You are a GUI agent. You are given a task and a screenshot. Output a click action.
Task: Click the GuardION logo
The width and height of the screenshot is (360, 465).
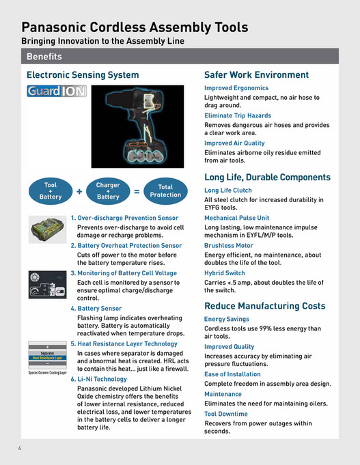pos(55,91)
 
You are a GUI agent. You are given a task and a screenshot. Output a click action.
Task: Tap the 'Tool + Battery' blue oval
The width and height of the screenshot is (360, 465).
pos(51,191)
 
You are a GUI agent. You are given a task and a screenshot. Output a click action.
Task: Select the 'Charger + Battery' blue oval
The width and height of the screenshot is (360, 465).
pos(108,191)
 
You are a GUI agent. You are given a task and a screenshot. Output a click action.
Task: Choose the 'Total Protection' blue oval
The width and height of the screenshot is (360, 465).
pos(165,191)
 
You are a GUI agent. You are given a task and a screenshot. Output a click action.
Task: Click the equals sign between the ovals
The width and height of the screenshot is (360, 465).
pos(137,192)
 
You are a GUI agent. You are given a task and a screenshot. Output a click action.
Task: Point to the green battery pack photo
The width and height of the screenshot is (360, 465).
pos(46,227)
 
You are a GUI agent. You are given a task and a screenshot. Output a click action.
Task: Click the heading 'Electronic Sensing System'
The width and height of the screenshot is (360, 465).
pos(82,74)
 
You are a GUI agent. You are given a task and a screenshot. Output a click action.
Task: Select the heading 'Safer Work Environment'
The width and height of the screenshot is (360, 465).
pos(256,74)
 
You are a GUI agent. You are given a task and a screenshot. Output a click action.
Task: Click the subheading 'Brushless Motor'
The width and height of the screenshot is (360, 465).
pos(228,245)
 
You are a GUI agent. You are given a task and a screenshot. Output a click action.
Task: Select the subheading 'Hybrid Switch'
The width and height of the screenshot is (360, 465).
pos(224,272)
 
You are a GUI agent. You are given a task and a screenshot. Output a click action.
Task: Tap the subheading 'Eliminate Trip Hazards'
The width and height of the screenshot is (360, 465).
pos(237,116)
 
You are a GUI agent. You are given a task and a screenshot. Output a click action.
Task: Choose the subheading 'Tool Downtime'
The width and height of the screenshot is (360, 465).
pos(225,414)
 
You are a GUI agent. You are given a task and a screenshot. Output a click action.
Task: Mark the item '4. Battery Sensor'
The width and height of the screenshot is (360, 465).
pos(96,308)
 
